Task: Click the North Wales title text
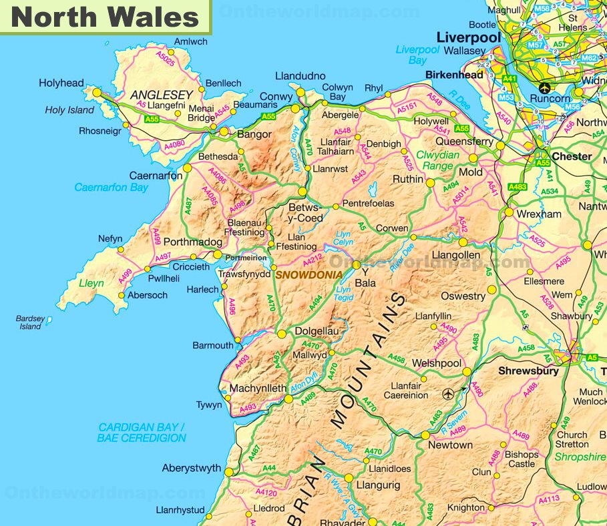click(x=106, y=17)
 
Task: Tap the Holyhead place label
click(x=61, y=83)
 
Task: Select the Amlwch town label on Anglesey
click(x=191, y=41)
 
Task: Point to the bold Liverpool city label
click(x=468, y=37)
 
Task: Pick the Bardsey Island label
click(x=30, y=322)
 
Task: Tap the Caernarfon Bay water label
click(x=111, y=188)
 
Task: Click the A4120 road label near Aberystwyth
click(x=266, y=493)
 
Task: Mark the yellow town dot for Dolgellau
click(x=282, y=334)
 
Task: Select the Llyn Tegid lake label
click(x=343, y=294)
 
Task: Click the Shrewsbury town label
click(x=528, y=371)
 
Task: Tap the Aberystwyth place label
click(x=191, y=469)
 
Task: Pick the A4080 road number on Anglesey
click(x=174, y=144)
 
